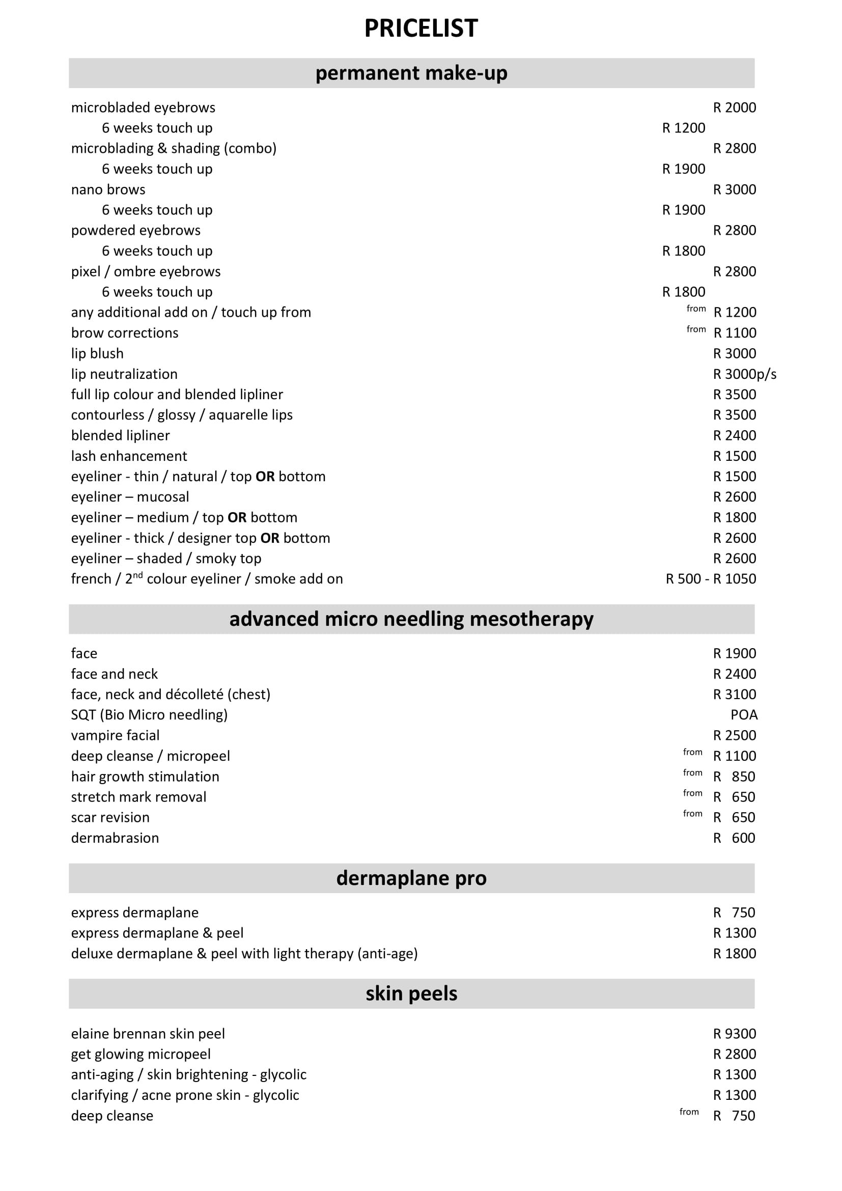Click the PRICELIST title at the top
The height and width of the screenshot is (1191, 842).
click(x=420, y=28)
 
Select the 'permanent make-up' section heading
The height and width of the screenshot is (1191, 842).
click(x=411, y=73)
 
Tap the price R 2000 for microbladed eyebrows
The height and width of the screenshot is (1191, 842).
click(x=734, y=107)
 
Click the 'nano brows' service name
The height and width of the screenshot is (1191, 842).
click(x=108, y=189)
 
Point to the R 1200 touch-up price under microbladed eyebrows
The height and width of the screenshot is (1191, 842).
click(x=683, y=128)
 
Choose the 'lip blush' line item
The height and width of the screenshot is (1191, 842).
click(x=97, y=353)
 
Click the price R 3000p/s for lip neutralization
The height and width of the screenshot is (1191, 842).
click(x=745, y=374)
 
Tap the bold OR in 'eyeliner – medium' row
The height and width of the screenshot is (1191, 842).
click(x=237, y=517)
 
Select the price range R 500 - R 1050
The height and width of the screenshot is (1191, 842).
click(x=710, y=578)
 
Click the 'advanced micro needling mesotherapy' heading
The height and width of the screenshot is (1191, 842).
click(x=411, y=619)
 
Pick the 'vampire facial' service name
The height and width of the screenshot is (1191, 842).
click(x=115, y=735)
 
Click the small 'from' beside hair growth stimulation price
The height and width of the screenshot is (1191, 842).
click(x=692, y=772)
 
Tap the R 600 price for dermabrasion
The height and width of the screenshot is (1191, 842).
click(x=734, y=838)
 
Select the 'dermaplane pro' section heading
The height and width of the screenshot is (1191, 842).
click(x=411, y=878)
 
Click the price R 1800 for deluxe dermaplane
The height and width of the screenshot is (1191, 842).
click(x=734, y=953)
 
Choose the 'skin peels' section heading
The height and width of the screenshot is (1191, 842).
click(x=411, y=993)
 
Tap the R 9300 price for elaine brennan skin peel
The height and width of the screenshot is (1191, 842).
click(x=734, y=1033)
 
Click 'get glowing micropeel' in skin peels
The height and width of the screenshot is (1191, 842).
click(x=141, y=1054)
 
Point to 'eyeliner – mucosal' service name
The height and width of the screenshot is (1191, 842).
click(x=130, y=496)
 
